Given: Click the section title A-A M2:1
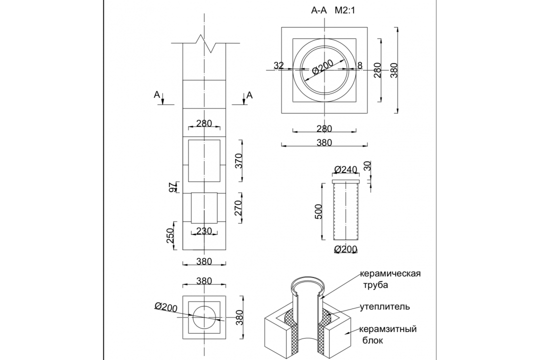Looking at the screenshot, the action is click(332, 10).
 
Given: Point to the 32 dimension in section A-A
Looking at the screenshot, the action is click(278, 65).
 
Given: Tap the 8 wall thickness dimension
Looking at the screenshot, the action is click(360, 65).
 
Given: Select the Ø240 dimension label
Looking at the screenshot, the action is click(346, 169).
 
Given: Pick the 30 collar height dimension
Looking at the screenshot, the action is click(368, 165).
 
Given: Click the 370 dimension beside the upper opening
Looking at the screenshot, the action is click(239, 160).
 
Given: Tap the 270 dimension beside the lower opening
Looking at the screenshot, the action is click(238, 207).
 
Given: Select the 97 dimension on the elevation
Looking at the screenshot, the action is click(172, 187).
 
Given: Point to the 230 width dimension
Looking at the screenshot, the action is click(204, 230).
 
